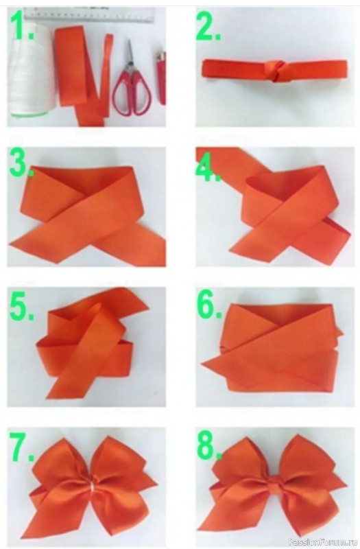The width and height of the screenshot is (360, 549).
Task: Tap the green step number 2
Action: click(x=209, y=26)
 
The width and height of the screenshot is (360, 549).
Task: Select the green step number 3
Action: click(x=21, y=162)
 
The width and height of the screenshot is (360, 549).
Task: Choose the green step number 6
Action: click(x=209, y=303)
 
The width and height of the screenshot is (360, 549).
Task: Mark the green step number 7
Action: click(x=22, y=445)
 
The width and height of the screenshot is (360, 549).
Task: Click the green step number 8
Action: click(x=209, y=445)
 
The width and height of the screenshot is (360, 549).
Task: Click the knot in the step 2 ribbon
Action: click(x=274, y=71)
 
